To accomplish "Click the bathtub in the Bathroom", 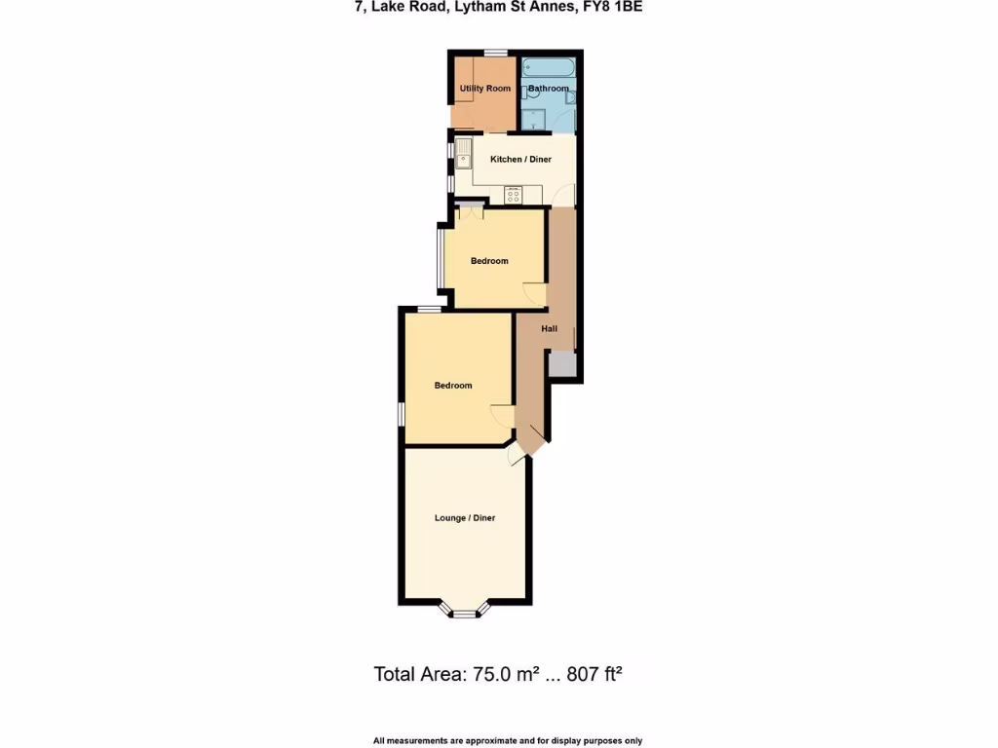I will pos(549,68).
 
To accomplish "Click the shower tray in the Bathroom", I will pos(534,120).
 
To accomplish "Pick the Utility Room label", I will pos(485,89).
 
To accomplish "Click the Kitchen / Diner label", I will pos(520,160).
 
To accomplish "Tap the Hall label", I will pos(550,329).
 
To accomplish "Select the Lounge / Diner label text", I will pos(465,518).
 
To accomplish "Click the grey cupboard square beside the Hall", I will pos(562,365).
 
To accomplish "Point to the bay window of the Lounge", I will pos(466,612).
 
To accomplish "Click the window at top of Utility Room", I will pos(496,53).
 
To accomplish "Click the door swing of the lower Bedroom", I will pos(501,415).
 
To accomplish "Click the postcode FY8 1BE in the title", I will pos(614,7).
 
